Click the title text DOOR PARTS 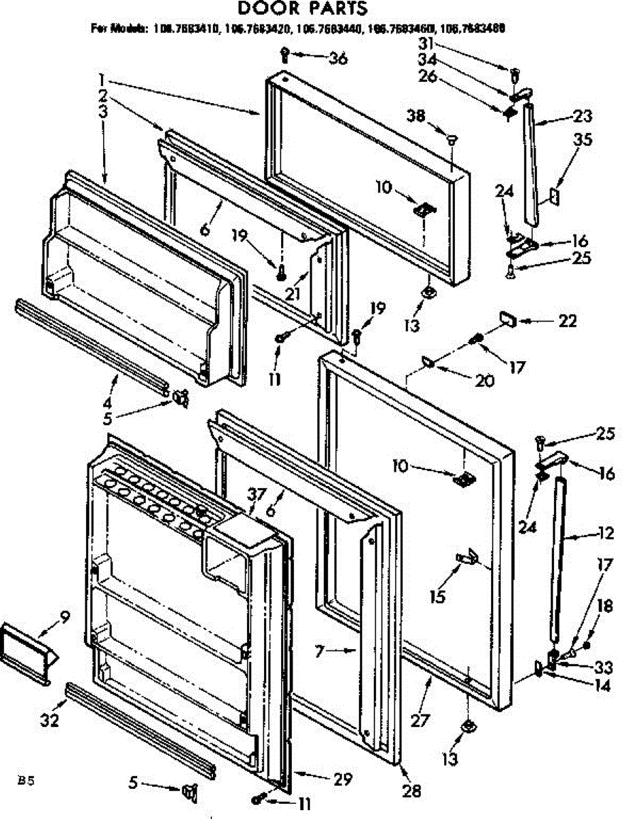[x=302, y=9]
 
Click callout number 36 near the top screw [x=337, y=58]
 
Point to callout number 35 [x=583, y=141]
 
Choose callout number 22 [x=567, y=321]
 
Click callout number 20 [x=485, y=382]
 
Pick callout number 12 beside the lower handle [x=585, y=533]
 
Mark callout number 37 [x=255, y=494]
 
